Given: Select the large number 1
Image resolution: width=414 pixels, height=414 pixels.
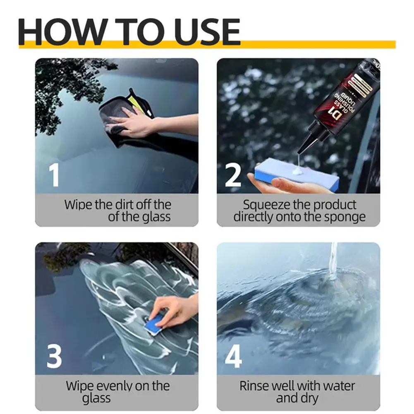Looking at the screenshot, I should click(54, 175).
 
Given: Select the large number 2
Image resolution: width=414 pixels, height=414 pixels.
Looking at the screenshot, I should click(233, 175).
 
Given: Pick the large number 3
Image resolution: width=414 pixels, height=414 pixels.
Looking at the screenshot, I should click(54, 357).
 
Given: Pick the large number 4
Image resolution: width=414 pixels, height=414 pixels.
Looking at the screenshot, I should click(233, 357).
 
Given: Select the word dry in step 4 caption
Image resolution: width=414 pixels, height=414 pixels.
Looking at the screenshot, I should click(310, 399).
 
